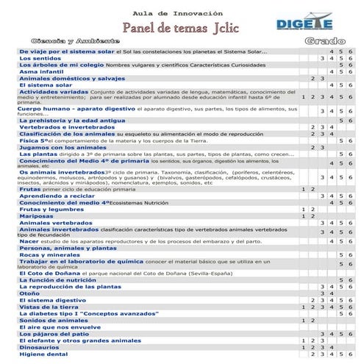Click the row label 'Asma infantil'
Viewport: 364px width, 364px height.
pos(42,71)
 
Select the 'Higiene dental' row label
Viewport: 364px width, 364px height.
pos(43,354)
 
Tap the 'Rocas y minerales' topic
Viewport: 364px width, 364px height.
pos(50,255)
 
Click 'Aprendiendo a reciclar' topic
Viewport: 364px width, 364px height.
pos(57,196)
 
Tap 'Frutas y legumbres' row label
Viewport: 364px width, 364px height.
pos(49,210)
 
